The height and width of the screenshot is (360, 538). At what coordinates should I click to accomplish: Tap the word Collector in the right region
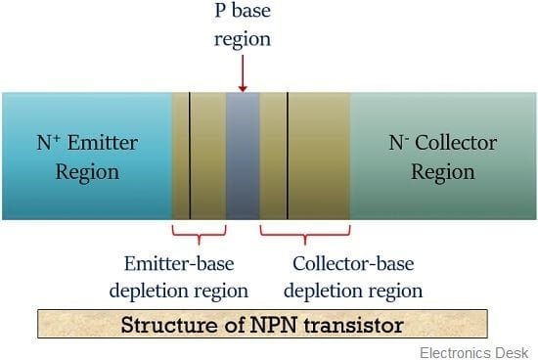(x=456, y=144)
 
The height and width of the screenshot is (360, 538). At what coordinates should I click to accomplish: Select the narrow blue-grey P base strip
(x=244, y=157)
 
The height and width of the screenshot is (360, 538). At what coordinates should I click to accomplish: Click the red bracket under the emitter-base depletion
(x=199, y=235)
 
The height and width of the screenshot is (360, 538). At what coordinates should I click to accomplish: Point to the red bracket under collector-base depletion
(x=305, y=235)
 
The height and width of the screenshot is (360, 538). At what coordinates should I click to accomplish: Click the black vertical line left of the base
(x=190, y=157)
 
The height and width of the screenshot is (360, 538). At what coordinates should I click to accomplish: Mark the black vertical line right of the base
(x=288, y=157)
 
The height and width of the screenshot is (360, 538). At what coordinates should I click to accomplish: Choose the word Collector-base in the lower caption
(x=358, y=264)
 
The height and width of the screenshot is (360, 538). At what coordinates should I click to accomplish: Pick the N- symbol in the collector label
(x=398, y=143)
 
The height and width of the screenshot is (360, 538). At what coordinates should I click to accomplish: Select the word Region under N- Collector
(x=442, y=172)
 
